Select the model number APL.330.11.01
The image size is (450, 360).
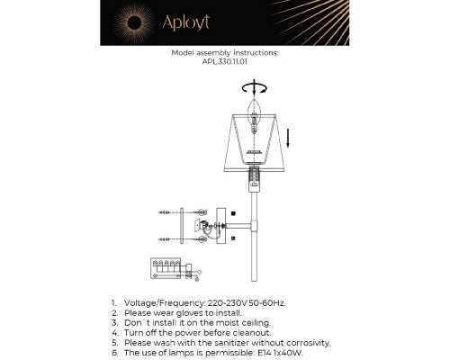point(224,62)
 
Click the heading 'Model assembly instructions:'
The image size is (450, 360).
point(224,53)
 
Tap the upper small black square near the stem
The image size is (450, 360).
point(233,213)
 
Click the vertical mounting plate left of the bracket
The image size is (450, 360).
point(182,225)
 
